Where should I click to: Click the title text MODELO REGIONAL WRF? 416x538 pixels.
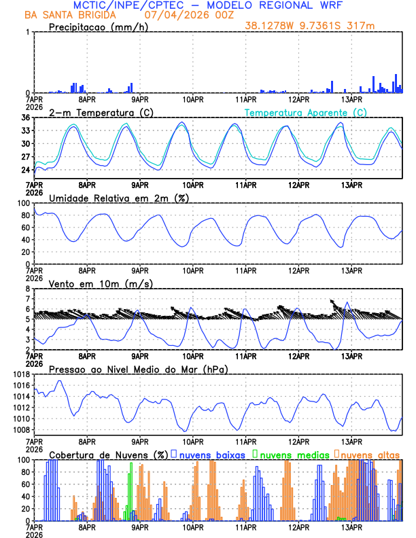pyautogui.click(x=280, y=5)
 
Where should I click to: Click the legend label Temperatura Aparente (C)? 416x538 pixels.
pyautogui.click(x=306, y=112)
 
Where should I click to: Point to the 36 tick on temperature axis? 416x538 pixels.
pyautogui.click(x=25, y=118)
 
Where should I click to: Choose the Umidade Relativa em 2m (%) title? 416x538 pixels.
pyautogui.click(x=119, y=198)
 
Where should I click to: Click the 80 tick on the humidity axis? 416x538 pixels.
pyautogui.click(x=25, y=215)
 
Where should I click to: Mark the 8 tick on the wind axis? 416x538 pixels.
pyautogui.click(x=28, y=289)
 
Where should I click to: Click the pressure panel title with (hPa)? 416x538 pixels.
pyautogui.click(x=138, y=369)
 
